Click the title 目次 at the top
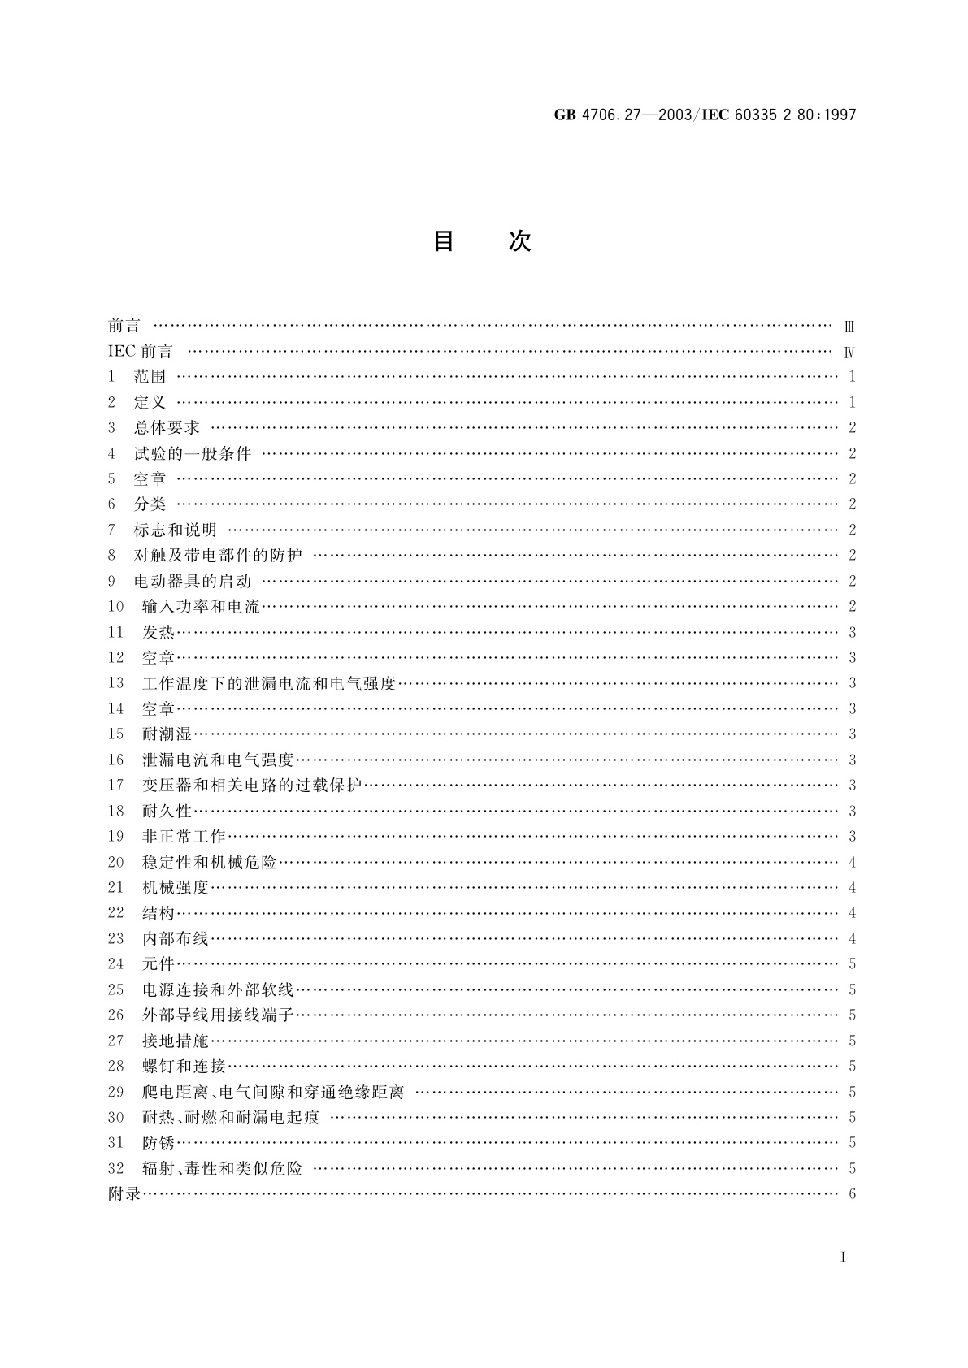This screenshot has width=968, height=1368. [x=482, y=241]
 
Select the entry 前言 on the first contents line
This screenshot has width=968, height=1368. [x=124, y=326]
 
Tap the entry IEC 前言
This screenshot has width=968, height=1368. [x=141, y=352]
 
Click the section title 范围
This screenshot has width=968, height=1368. [x=150, y=377]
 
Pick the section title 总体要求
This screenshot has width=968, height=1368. [x=167, y=428]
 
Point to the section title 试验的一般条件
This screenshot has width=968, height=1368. [x=193, y=453]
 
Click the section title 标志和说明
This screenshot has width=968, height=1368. [x=176, y=530]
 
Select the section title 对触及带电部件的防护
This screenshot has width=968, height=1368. [x=218, y=556]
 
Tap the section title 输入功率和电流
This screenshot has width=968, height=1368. [x=201, y=607]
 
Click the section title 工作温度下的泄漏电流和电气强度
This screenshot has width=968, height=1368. [x=268, y=683]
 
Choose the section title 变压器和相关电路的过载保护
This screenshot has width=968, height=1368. [x=252, y=786]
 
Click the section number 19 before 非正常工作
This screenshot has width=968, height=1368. [x=115, y=837]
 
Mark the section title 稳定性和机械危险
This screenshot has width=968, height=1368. [x=210, y=862]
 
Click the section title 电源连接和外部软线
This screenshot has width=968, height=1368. [x=218, y=989]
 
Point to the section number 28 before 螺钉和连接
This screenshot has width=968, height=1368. [x=115, y=1066]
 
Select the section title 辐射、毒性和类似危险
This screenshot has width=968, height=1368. [x=222, y=1168]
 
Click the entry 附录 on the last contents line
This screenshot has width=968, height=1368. [x=124, y=1194]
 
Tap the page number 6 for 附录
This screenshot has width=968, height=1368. [x=852, y=1194]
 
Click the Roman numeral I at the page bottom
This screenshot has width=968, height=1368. [x=843, y=1258]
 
